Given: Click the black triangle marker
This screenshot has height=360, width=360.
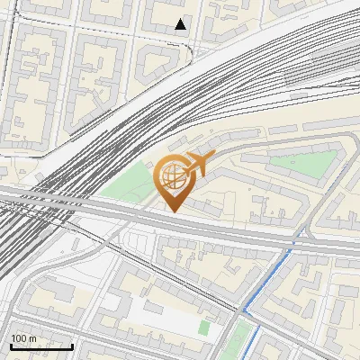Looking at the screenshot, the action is (181, 24).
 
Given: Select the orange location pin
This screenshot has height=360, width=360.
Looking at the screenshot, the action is (173, 181).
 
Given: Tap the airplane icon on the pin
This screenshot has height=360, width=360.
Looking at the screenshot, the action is (196, 165).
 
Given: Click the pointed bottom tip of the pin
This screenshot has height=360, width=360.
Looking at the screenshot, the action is (173, 211).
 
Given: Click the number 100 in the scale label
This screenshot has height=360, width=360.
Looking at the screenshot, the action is (18, 338).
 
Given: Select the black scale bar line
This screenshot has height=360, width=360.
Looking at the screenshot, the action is (41, 346).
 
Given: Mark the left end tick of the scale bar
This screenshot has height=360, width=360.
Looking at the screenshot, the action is (11, 346).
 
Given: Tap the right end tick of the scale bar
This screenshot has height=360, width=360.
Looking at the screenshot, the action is (72, 346).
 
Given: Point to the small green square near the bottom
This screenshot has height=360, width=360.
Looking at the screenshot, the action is (205, 328).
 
